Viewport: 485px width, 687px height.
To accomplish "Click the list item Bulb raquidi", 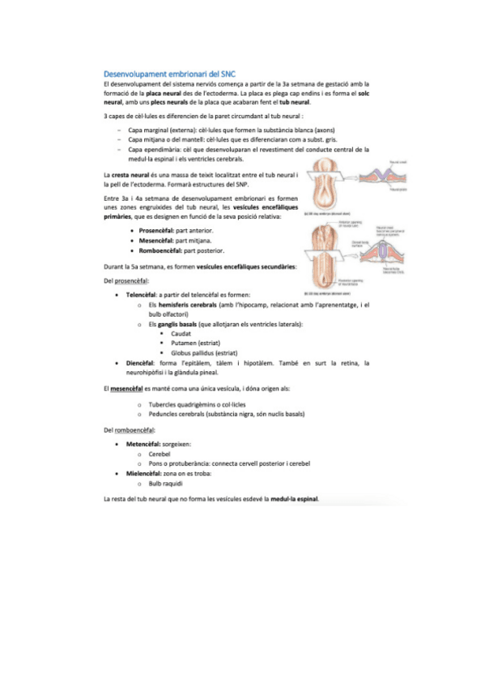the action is (x=167, y=483).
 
